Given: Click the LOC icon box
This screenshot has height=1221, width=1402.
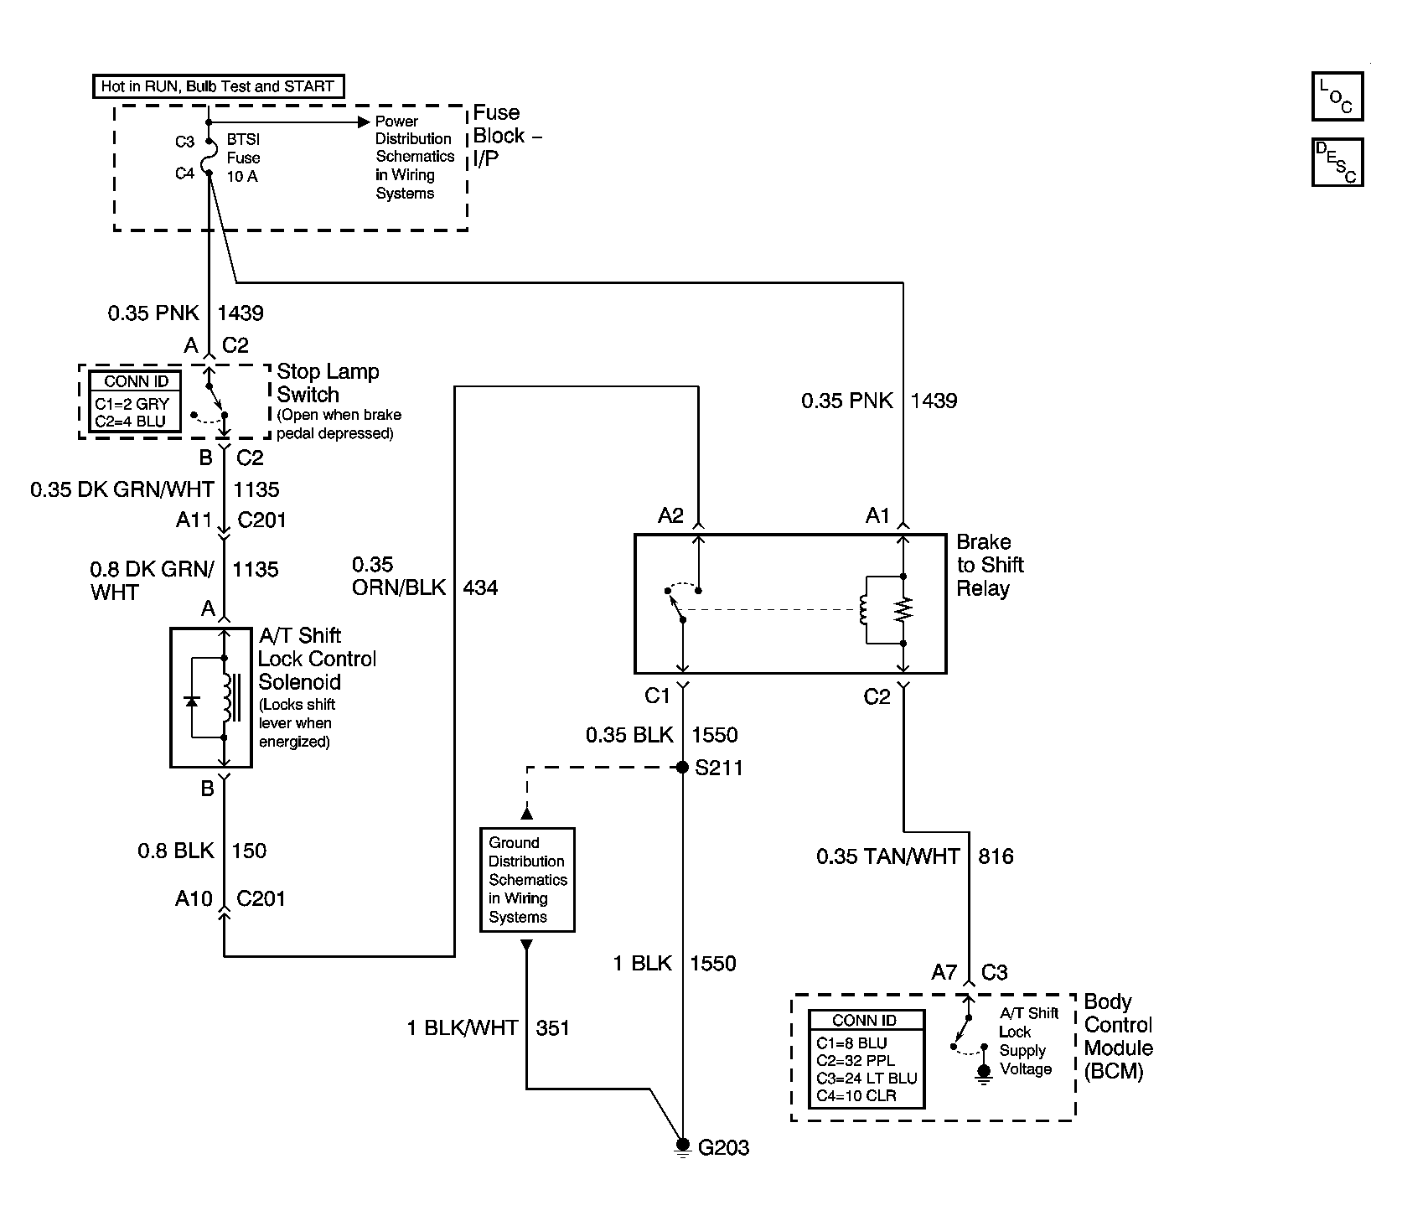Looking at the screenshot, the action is pyautogui.click(x=1337, y=96).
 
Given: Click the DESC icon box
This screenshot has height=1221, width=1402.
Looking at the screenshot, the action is pyautogui.click(x=1337, y=162).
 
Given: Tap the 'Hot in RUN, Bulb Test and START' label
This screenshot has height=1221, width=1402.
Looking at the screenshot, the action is pyautogui.click(x=218, y=86).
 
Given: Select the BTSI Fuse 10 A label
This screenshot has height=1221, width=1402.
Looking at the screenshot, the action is pyautogui.click(x=243, y=158).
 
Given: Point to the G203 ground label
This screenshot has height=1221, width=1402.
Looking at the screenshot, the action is pyautogui.click(x=723, y=1147).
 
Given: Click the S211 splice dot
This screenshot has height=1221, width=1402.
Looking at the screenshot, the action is pyautogui.click(x=682, y=768).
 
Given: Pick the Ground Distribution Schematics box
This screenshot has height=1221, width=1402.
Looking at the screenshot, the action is pyautogui.click(x=527, y=879).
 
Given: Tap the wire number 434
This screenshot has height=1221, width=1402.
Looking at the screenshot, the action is pyautogui.click(x=480, y=587).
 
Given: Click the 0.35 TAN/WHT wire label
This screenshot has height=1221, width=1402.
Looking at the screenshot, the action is pyautogui.click(x=888, y=856).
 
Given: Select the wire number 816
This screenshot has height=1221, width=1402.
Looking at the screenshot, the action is pyautogui.click(x=996, y=856).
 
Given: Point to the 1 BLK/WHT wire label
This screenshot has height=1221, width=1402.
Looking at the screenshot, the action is pyautogui.click(x=462, y=1027).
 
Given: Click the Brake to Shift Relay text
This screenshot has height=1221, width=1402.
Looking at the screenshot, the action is pyautogui.click(x=990, y=565).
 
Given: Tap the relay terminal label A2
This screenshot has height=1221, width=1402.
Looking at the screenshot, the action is pyautogui.click(x=670, y=515).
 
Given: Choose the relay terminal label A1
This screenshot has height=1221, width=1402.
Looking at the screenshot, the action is pyautogui.click(x=877, y=515).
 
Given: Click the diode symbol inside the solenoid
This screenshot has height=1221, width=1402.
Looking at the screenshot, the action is pyautogui.click(x=192, y=699).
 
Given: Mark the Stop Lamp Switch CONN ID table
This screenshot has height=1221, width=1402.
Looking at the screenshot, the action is pyautogui.click(x=136, y=403).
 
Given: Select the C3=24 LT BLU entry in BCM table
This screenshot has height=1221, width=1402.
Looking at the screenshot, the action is pyautogui.click(x=867, y=1079).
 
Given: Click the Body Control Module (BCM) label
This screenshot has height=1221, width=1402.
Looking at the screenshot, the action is pyautogui.click(x=1118, y=1037).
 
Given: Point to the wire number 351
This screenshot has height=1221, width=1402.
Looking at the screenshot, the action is pyautogui.click(x=552, y=1027).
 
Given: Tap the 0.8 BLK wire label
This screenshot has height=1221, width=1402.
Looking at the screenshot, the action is pyautogui.click(x=176, y=851).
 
